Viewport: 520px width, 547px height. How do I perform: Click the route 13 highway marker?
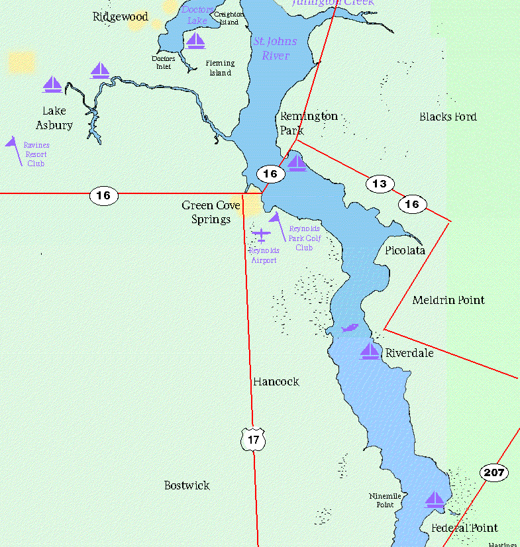pyautogui.click(x=380, y=184)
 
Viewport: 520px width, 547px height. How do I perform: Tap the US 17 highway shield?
pyautogui.click(x=253, y=440)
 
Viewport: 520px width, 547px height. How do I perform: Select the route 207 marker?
pyautogui.click(x=494, y=473)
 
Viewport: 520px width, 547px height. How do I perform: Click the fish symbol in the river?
pyautogui.click(x=348, y=328)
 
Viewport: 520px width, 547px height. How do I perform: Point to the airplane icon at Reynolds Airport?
pyautogui.click(x=262, y=235)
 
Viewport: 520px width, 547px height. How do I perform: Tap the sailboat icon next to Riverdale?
pyautogui.click(x=370, y=351)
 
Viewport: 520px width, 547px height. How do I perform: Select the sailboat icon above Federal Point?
pyautogui.click(x=435, y=500)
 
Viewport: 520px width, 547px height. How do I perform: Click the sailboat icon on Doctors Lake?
pyautogui.click(x=195, y=41)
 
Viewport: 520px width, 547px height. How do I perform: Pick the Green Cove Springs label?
pyautogui.click(x=211, y=213)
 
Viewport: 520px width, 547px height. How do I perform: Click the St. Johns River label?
pyautogui.click(x=275, y=48)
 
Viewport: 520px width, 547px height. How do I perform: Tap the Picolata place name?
pyautogui.click(x=405, y=250)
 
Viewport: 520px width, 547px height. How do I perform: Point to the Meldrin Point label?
pyautogui.click(x=448, y=300)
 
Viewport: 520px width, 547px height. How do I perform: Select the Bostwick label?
pyautogui.click(x=187, y=485)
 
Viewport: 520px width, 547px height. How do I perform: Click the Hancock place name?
pyautogui.click(x=276, y=381)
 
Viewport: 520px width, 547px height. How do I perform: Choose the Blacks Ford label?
pyautogui.click(x=448, y=117)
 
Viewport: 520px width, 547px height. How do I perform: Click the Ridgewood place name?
pyautogui.click(x=121, y=17)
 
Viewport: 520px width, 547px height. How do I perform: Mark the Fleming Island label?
pyautogui.click(x=220, y=68)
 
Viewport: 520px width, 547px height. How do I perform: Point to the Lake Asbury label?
pyautogui.click(x=54, y=118)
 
